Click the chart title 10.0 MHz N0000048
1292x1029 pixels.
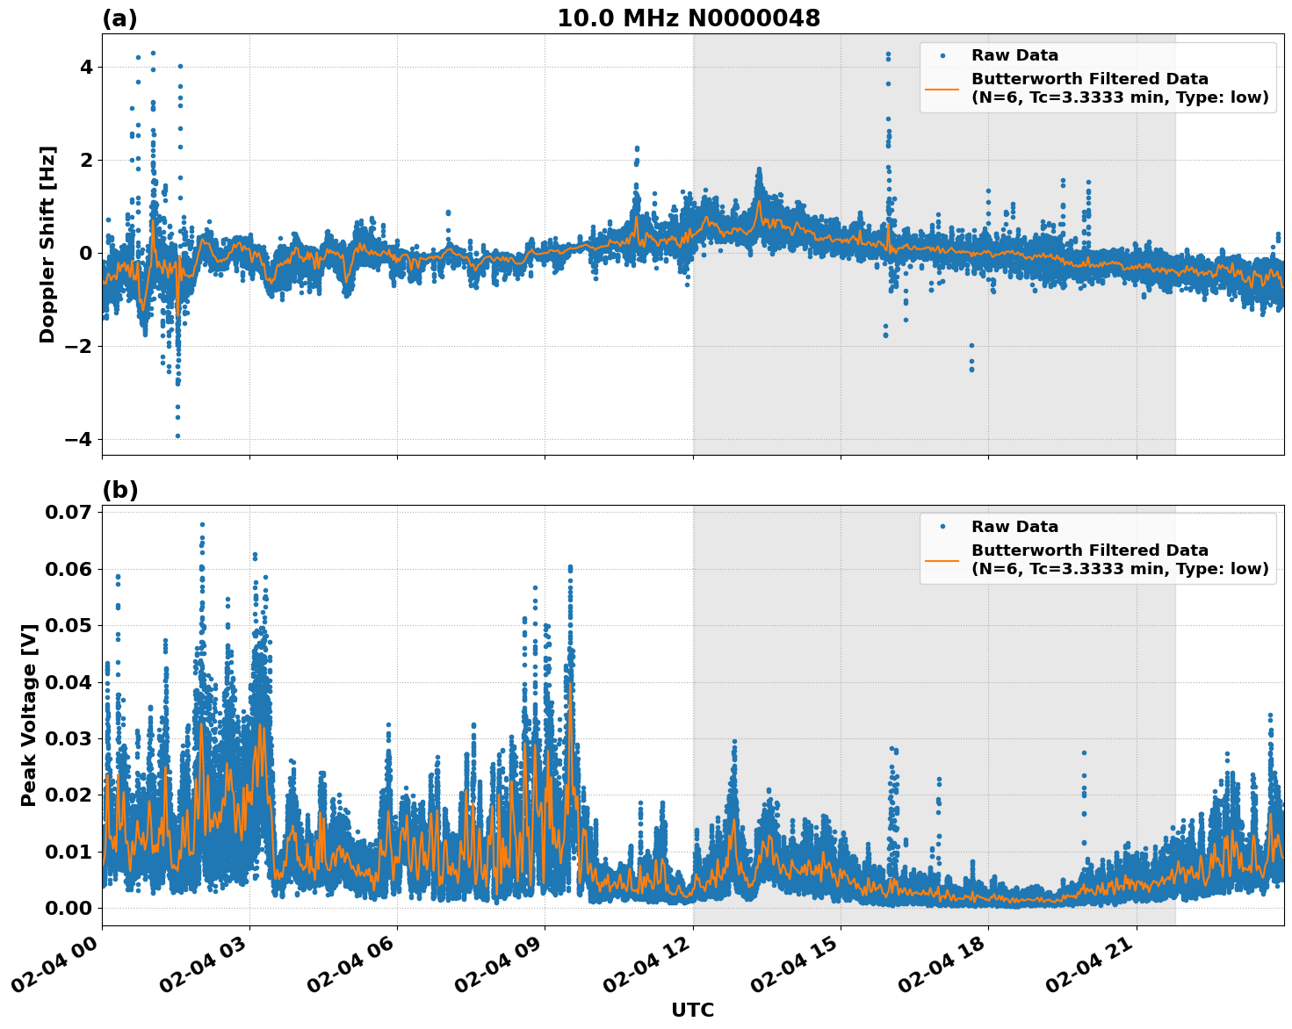[689, 18]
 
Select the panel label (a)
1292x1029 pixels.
[119, 18]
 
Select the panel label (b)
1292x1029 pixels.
[120, 490]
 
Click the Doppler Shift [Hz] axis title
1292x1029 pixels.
[47, 244]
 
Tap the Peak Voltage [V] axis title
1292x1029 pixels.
[29, 715]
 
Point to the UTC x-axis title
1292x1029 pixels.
[692, 1010]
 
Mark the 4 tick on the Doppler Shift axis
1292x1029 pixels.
[86, 68]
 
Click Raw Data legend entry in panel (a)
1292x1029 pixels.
[1014, 55]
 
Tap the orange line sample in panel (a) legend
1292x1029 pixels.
[942, 88]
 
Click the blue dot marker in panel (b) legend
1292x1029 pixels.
[942, 527]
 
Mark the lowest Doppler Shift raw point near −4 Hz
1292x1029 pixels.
[177, 435]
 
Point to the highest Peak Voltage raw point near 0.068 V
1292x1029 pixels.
[202, 524]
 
